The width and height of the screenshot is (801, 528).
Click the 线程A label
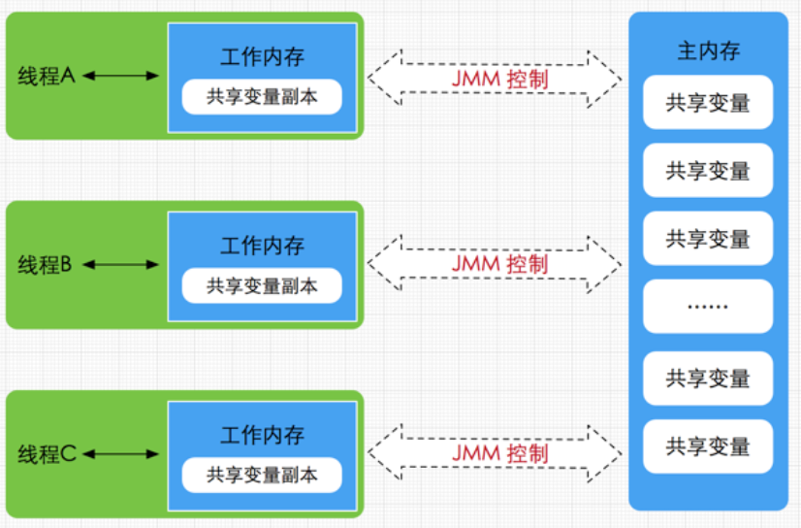pyautogui.click(x=47, y=76)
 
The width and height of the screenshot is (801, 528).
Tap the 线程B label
pyautogui.click(x=45, y=265)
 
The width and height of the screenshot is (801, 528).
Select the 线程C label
pyautogui.click(x=47, y=454)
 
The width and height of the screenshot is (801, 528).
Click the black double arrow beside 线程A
pyautogui.click(x=120, y=76)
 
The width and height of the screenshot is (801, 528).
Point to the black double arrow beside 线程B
pyautogui.click(x=120, y=265)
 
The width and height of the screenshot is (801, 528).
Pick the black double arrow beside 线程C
pyautogui.click(x=120, y=454)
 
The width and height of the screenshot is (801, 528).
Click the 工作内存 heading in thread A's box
pyautogui.click(x=262, y=56)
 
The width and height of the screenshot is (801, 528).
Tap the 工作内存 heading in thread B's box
pyautogui.click(x=262, y=246)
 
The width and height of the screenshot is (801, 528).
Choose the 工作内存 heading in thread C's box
pyautogui.click(x=262, y=435)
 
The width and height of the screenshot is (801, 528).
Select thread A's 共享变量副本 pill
pyautogui.click(x=262, y=97)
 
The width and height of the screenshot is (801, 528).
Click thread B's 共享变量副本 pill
pyautogui.click(x=262, y=285)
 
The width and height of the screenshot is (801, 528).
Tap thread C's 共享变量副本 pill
pyautogui.click(x=262, y=476)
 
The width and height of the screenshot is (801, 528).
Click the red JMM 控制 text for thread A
pyautogui.click(x=500, y=80)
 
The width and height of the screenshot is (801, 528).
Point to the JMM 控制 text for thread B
pyautogui.click(x=500, y=264)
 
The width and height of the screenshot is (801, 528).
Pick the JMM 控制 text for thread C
pyautogui.click(x=500, y=453)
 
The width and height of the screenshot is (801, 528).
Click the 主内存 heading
pyautogui.click(x=709, y=51)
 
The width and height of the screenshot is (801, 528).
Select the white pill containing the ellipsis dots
pyautogui.click(x=708, y=306)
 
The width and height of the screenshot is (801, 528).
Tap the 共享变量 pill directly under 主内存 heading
pyautogui.click(x=708, y=102)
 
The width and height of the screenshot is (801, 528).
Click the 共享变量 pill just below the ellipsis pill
pyautogui.click(x=708, y=379)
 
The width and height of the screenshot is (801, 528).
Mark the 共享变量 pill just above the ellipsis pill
pyautogui.click(x=708, y=238)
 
